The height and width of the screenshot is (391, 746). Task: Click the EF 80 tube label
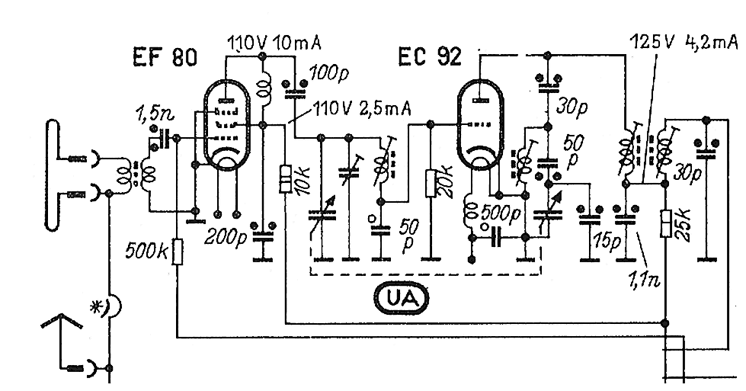pyautogui.click(x=165, y=57)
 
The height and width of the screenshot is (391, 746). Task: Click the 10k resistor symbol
pyautogui.click(x=286, y=179)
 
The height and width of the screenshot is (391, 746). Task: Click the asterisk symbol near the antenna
pyautogui.click(x=98, y=306)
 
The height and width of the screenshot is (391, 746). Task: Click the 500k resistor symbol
pyautogui.click(x=178, y=251)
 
